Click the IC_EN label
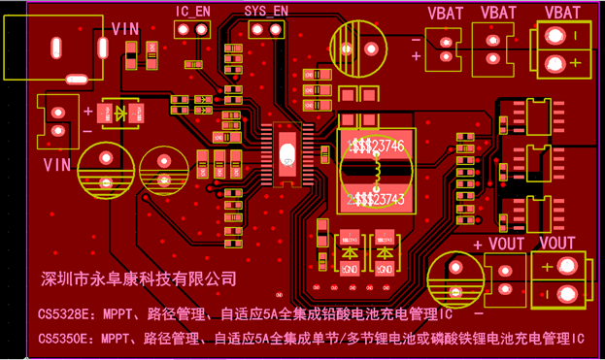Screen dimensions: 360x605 pos(193,11)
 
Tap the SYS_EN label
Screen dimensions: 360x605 pos(266,11)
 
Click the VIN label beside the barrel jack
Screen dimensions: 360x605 pos(125,29)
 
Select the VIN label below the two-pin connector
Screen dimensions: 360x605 pos(57,164)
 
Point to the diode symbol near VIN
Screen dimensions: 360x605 pos(120,114)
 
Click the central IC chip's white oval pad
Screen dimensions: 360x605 pos(286,153)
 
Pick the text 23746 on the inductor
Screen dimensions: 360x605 pos(387,145)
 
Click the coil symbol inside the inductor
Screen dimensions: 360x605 pos(371,172)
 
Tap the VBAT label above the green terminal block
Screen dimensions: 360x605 pos(562,13)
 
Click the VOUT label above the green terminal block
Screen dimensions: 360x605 pos(557,243)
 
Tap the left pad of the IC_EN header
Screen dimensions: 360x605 pos(184,29)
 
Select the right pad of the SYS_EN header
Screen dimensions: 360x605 pos(275,29)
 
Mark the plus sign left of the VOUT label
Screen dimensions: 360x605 pos(477,245)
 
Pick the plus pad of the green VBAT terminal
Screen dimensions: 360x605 pos(555,64)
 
